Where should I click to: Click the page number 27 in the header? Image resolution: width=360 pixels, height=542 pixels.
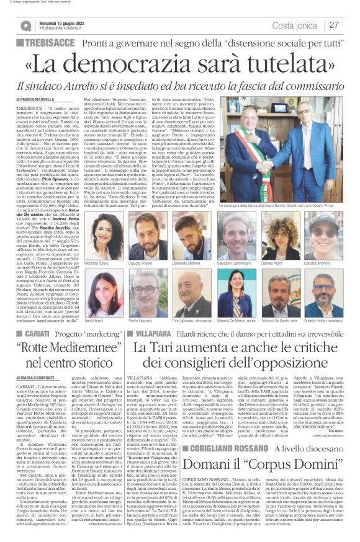tap(334, 25)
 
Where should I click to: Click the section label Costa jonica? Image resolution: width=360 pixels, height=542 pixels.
tap(295, 25)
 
